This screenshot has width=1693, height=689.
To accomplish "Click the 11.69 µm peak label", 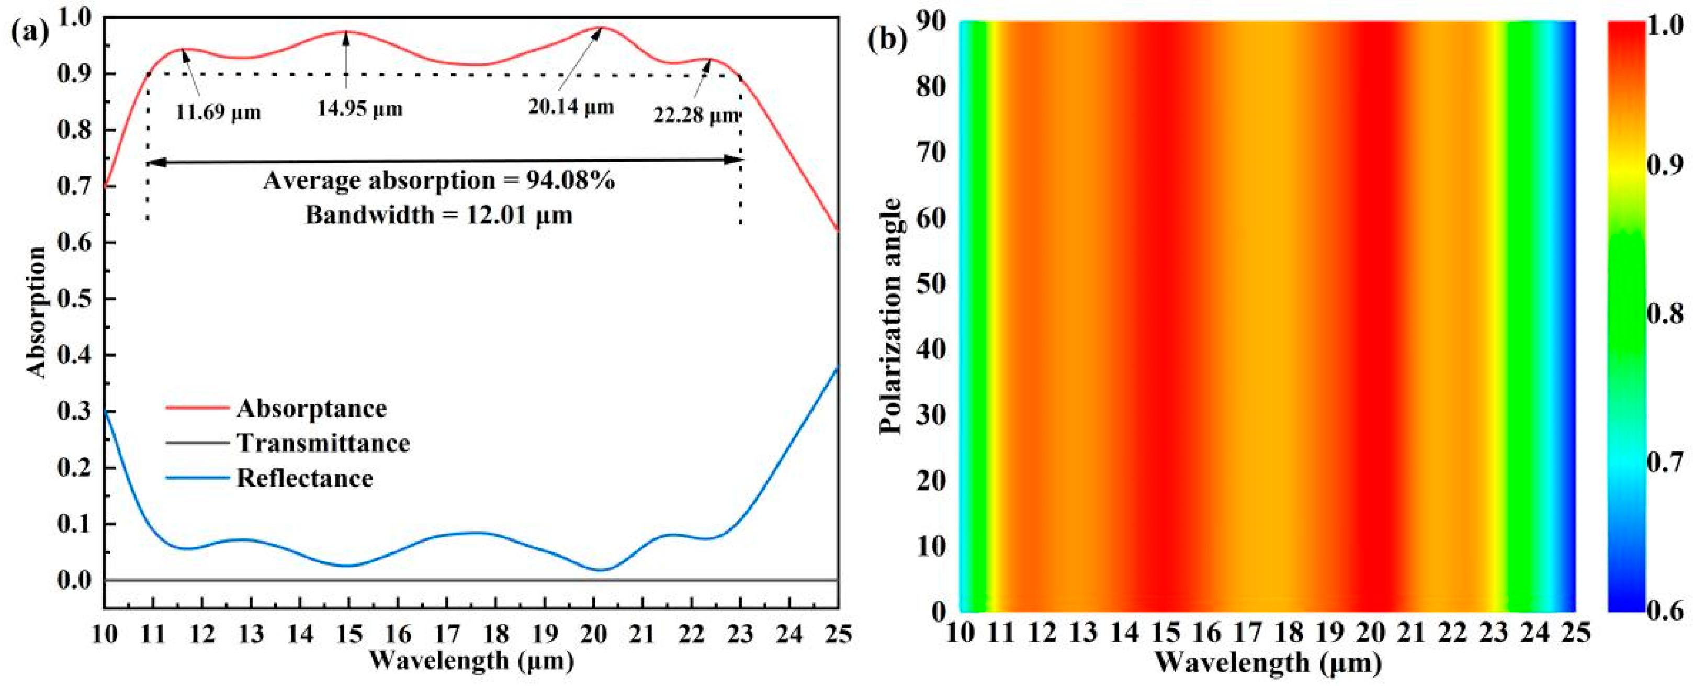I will click(218, 112).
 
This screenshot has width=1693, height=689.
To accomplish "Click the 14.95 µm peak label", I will click(359, 108).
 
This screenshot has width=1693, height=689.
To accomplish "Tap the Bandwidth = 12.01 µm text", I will click(439, 215).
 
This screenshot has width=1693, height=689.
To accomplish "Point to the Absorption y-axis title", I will click(38, 312).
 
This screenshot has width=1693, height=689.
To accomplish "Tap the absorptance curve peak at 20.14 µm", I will click(601, 28).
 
